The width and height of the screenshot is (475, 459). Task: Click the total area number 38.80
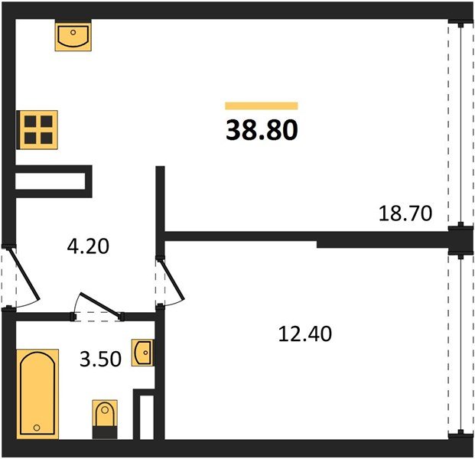coord(262,130)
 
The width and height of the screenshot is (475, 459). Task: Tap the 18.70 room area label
coord(405,213)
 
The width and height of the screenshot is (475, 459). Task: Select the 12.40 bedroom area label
coord(304,334)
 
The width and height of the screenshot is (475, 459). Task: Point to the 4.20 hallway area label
coord(88,246)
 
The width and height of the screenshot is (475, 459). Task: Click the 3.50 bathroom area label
coord(100,359)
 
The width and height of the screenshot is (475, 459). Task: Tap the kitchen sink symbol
coord(73,36)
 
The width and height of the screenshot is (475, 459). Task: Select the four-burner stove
coord(37,130)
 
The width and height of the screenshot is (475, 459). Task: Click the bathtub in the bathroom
coord(37,394)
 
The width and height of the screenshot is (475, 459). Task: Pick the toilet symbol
coord(105,419)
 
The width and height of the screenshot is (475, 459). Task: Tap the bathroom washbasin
coord(143,353)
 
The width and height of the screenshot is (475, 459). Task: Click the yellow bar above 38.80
coord(262,106)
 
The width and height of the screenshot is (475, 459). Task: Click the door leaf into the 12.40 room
coord(171,278)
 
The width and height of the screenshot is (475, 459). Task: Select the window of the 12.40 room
coord(460,345)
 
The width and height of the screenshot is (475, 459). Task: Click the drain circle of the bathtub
coord(37,428)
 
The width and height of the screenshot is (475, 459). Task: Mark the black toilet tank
coord(105,432)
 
